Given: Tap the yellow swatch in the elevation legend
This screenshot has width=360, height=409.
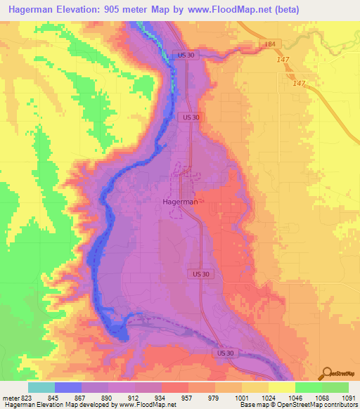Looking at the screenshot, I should [x=281, y=387].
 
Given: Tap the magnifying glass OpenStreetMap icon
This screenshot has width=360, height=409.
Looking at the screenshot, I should [x=326, y=373].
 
